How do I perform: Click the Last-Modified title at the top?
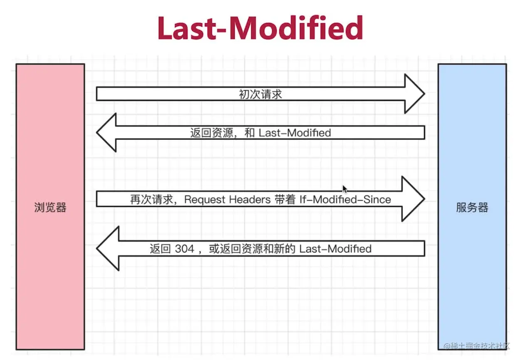click(x=260, y=28)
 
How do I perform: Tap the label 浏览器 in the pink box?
click(x=50, y=208)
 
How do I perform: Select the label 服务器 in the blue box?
click(x=472, y=208)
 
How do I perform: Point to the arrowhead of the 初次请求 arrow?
click(x=414, y=94)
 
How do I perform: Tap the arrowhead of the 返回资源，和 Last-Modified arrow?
click(x=106, y=132)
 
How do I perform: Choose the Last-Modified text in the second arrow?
click(x=295, y=133)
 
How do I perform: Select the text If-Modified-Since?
click(x=345, y=200)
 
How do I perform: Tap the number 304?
click(x=184, y=249)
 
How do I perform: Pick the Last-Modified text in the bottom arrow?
click(x=335, y=249)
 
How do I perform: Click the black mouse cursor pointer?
click(x=345, y=189)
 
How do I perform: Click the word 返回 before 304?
click(x=160, y=249)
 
